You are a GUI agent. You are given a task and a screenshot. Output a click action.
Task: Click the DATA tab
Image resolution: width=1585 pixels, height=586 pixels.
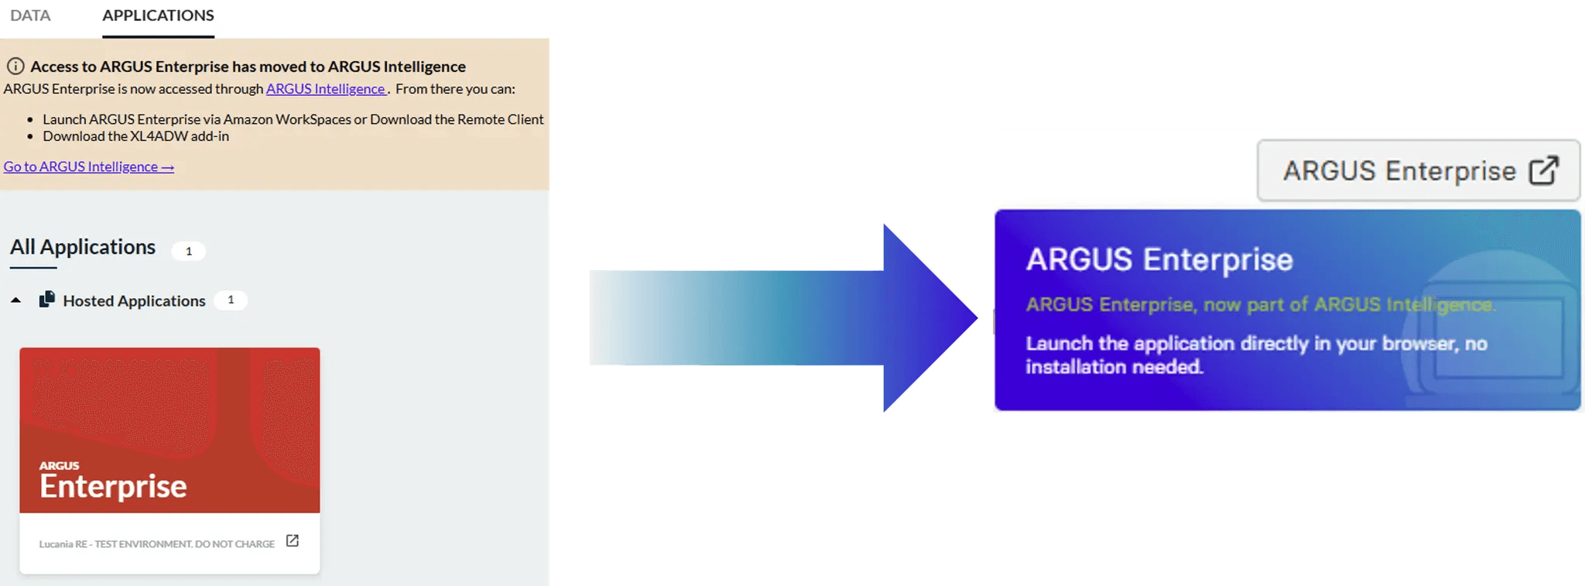pos(30,15)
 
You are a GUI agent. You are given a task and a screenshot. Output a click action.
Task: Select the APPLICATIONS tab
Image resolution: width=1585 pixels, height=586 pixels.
pos(158,15)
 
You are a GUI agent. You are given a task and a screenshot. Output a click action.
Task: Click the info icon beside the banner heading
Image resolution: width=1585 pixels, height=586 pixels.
pos(15,66)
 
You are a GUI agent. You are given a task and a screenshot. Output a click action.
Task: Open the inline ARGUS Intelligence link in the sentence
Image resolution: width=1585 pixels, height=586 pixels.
pos(326,89)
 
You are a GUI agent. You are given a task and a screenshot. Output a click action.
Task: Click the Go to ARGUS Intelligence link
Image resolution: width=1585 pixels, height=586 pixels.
pos(89,166)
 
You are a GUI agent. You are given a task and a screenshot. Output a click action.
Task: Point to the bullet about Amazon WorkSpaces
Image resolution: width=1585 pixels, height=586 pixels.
pos(293,119)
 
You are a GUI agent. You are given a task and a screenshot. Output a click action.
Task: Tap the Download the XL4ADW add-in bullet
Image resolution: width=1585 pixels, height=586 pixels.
pos(136,136)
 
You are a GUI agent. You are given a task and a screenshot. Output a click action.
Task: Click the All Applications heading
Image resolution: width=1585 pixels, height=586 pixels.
pos(83,247)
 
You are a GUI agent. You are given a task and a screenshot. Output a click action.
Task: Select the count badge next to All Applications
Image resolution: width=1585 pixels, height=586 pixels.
pos(188,251)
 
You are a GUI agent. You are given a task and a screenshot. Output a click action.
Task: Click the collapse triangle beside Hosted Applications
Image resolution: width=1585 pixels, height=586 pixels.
pos(15,300)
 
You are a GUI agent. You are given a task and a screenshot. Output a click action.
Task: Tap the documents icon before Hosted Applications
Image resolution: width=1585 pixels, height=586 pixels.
pos(47,300)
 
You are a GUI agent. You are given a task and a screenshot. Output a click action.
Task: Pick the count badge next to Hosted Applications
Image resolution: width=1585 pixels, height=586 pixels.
pos(231,300)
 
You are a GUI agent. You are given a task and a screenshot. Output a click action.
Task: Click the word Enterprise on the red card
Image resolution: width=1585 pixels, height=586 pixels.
pos(113,486)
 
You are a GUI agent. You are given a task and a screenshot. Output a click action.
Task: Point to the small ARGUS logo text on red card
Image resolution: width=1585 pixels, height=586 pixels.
pos(59,465)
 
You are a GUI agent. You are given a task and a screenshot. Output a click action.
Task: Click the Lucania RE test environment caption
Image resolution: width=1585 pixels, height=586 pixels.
pos(157,544)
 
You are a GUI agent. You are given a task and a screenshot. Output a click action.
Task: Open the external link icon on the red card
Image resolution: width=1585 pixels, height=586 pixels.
pos(293,541)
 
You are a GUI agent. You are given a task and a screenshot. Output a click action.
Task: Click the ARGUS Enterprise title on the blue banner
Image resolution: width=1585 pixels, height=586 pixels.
pos(1159,259)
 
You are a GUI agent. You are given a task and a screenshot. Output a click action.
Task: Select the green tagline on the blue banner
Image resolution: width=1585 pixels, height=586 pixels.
pos(1261,304)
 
